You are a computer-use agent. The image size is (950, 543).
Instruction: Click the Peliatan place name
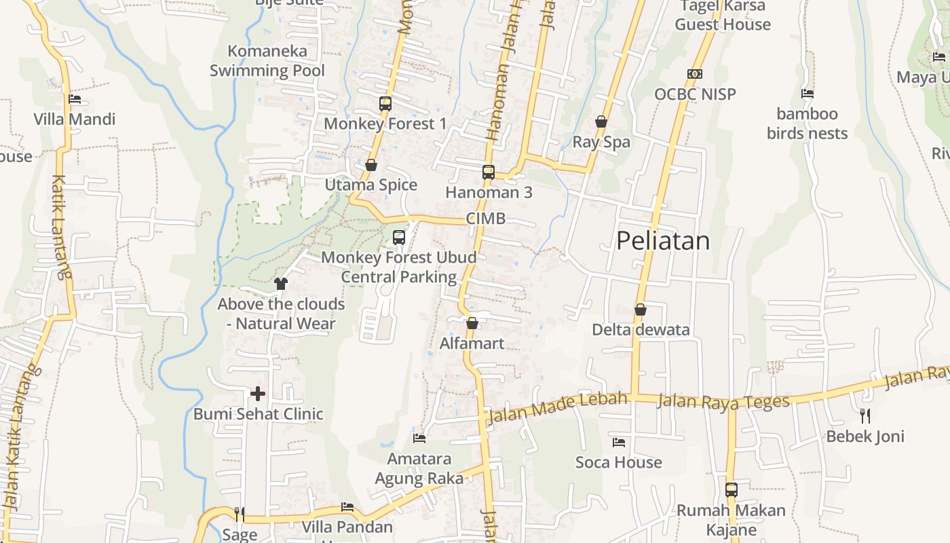coord(663,241)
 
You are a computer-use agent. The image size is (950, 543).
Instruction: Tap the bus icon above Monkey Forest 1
coord(385,104)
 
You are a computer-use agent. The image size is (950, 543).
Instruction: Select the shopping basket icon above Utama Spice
coord(371,165)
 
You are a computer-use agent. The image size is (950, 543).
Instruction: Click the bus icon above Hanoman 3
coord(489,172)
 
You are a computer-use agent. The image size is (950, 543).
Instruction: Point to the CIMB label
coord(485,219)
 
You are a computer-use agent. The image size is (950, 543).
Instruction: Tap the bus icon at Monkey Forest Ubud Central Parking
coord(399,238)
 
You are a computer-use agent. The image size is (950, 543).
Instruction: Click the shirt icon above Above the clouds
coord(281,284)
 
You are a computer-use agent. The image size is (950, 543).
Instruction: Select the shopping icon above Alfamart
coord(472,323)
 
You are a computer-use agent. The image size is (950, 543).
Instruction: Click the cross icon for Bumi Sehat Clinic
coord(258,394)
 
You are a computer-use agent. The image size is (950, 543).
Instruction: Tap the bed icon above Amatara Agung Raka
coord(419,438)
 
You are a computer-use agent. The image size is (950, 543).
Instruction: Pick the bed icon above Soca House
coord(619,443)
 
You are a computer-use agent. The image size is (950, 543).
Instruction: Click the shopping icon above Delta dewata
coord(641,310)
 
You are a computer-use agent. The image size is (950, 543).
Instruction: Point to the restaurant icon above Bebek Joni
coord(865,415)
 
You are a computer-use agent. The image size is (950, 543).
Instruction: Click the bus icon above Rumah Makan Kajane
coord(731,489)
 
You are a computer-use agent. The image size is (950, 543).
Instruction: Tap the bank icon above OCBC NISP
coord(695,74)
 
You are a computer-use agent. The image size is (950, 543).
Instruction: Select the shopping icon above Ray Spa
coord(601,122)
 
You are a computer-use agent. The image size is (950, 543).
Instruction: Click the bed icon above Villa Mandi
coord(75,99)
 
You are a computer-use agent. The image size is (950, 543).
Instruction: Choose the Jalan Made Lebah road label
coord(557,407)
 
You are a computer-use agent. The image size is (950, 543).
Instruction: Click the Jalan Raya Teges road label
coord(723,402)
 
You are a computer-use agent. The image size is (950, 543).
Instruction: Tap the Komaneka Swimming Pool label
coord(267,60)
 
